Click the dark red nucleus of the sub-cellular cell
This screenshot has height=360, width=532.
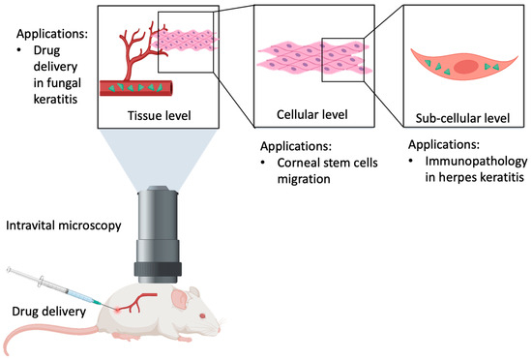465,67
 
